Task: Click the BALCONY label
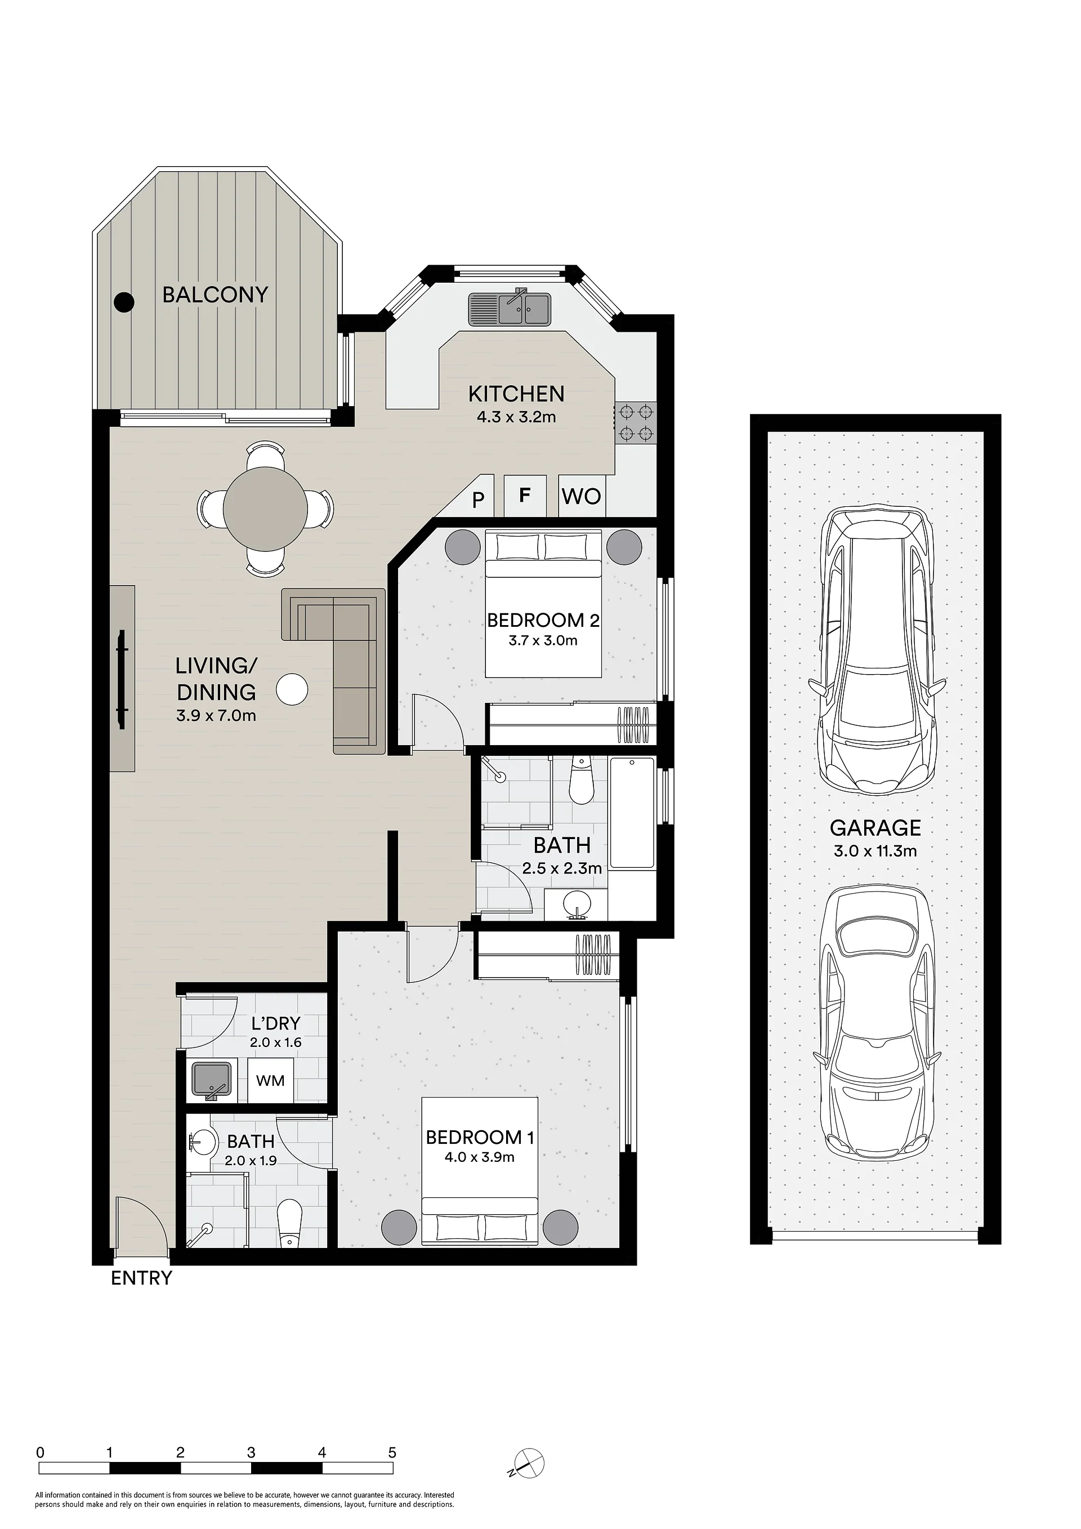click(x=215, y=295)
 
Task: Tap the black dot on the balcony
click(x=124, y=302)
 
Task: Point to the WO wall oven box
click(x=582, y=496)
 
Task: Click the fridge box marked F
click(x=525, y=496)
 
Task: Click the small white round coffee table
click(x=292, y=689)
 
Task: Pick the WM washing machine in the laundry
click(x=270, y=1080)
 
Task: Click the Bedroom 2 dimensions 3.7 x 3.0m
click(x=543, y=641)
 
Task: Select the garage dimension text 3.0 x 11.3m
click(x=875, y=851)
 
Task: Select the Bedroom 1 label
click(x=480, y=1137)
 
